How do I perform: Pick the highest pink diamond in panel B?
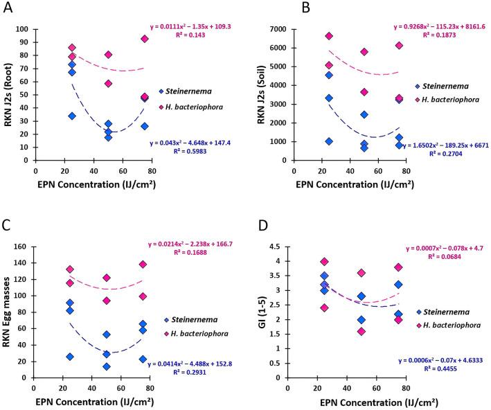click(x=329, y=36)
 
